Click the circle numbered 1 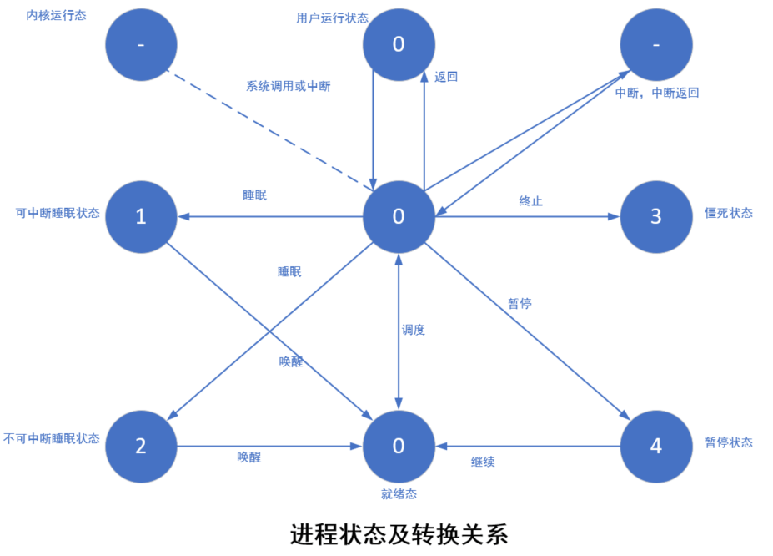140,216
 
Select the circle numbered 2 140,446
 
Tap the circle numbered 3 655,216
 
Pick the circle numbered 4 655,446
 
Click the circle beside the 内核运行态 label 140,44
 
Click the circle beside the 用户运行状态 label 399,44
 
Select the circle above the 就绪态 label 399,446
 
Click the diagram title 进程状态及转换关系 399,533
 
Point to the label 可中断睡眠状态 58,213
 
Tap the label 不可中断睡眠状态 52,438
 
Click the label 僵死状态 729,213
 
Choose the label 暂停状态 729,442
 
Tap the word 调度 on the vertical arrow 414,330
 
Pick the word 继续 483,461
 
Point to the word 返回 446,77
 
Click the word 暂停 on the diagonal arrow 520,303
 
